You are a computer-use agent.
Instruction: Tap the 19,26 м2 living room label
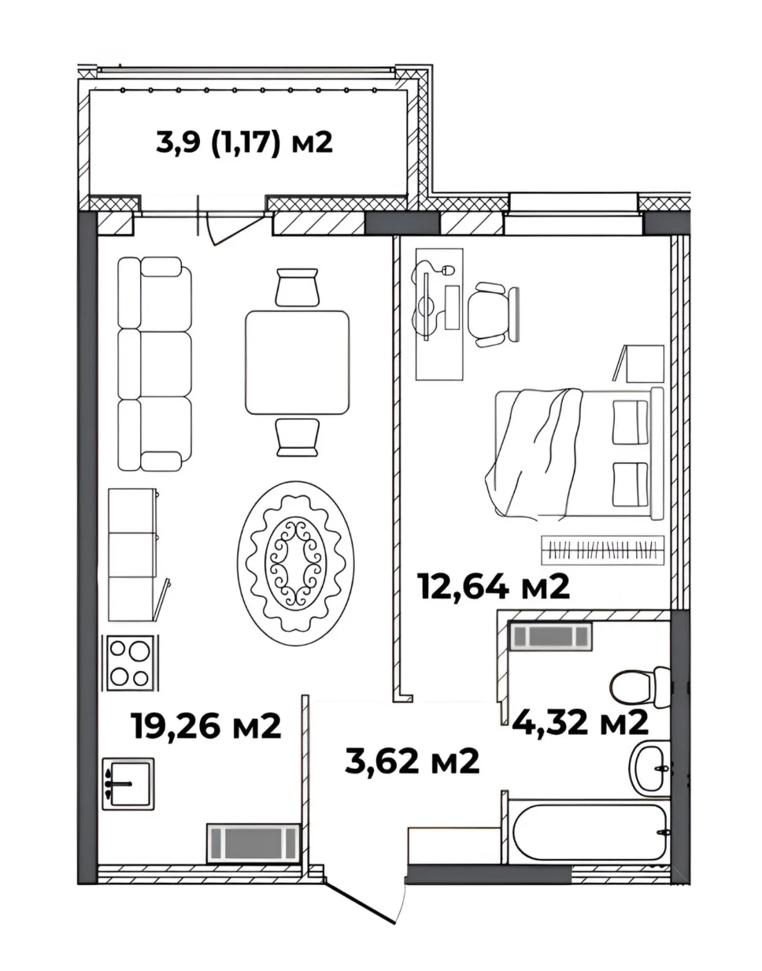[x=206, y=726]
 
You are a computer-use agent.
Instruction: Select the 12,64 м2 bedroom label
[x=493, y=587]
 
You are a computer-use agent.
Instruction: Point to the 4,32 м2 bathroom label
[x=580, y=723]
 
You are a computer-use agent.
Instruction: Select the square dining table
[x=297, y=362]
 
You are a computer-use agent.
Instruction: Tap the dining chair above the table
[x=298, y=287]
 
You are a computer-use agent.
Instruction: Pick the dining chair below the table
[x=298, y=438]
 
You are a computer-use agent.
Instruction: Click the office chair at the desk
[x=494, y=314]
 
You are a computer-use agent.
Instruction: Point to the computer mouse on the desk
[x=448, y=270]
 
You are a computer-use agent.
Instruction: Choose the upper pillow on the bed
[x=631, y=422]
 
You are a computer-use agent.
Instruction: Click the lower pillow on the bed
[x=631, y=485]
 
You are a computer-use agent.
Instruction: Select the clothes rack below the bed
[x=603, y=550]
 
